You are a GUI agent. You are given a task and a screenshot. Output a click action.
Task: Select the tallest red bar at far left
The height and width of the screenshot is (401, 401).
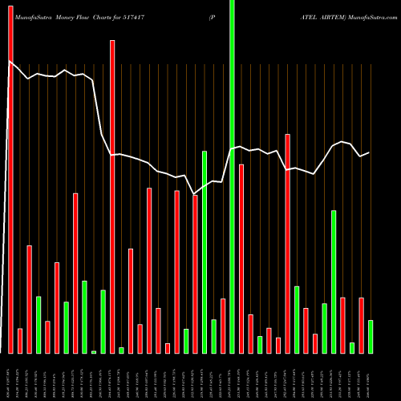click(10, 176)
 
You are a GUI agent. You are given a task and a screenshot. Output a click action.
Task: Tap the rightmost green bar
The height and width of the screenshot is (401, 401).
click(371, 337)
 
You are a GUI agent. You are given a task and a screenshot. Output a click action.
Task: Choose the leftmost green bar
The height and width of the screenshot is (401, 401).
click(38, 325)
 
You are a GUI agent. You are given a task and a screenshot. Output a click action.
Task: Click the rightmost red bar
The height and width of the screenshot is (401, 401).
click(361, 326)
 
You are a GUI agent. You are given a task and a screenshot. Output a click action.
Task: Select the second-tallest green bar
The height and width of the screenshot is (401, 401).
click(205, 252)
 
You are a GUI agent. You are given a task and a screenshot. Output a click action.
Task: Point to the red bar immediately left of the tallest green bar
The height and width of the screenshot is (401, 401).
click(223, 326)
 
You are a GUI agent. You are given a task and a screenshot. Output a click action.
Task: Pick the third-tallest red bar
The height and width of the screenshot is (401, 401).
click(288, 244)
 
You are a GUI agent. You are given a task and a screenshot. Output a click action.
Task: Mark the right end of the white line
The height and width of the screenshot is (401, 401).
click(369, 152)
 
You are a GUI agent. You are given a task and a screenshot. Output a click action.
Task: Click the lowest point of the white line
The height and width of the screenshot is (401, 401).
click(195, 193)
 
